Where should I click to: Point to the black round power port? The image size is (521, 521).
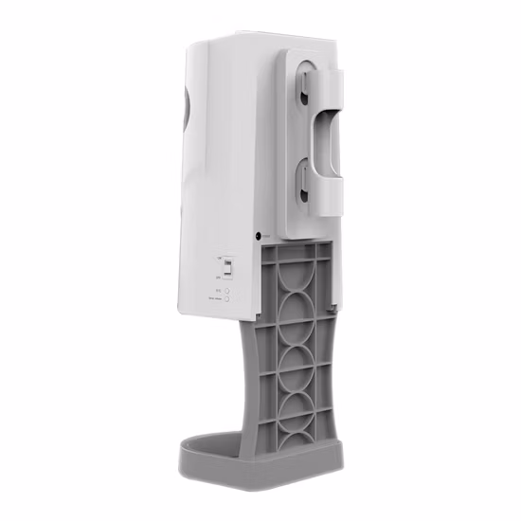coord(258,236)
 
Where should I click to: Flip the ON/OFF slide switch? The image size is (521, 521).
coord(226,268)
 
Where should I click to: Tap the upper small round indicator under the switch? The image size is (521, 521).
coord(227,291)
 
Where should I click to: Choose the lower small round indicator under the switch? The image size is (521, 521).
coord(227,299)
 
